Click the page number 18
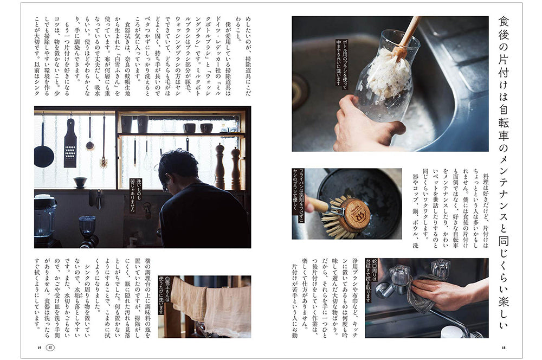click(503, 348)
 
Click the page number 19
click(40, 348)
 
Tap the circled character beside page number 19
click(50, 348)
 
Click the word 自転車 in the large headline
click(504, 123)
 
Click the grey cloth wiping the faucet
click(421, 292)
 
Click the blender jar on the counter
click(46, 218)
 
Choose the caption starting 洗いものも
click(136, 195)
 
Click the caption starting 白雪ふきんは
click(164, 295)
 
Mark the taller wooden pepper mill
click(220, 166)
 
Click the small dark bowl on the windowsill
click(80, 182)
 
